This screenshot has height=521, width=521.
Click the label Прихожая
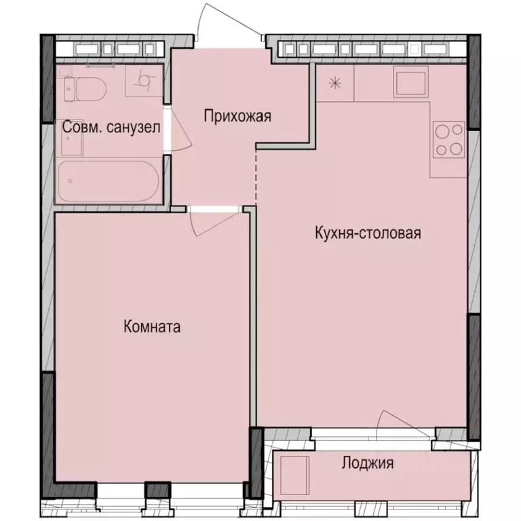click(x=237, y=117)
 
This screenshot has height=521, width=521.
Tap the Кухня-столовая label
click(x=368, y=233)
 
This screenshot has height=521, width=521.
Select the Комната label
click(x=152, y=327)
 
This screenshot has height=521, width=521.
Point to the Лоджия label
click(x=367, y=464)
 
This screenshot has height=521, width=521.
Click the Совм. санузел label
click(x=111, y=128)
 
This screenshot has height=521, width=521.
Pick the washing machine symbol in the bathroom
click(x=144, y=81)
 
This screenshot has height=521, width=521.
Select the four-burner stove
click(x=448, y=140)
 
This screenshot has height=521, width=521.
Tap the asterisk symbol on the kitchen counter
click(x=334, y=83)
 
